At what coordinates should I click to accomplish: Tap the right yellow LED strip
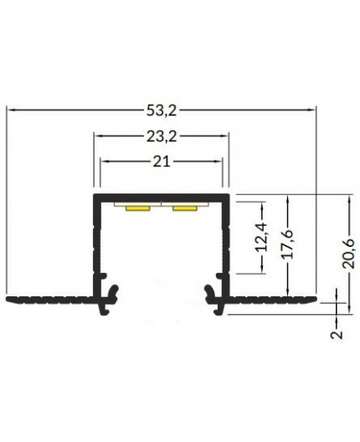(x=185, y=208)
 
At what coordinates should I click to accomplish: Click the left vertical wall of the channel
(x=95, y=243)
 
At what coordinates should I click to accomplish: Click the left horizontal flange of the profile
(x=46, y=298)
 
